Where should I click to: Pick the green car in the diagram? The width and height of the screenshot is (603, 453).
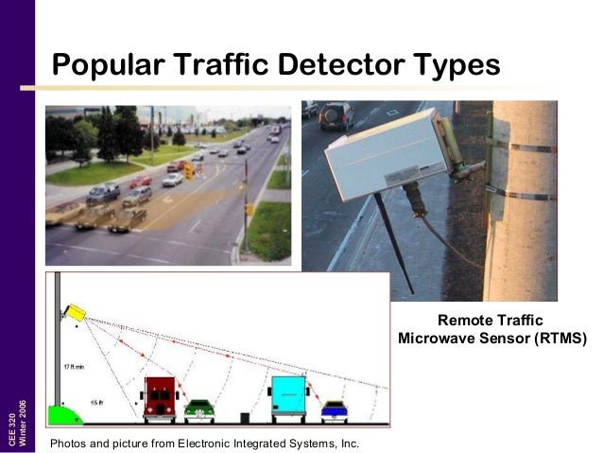point(198,409)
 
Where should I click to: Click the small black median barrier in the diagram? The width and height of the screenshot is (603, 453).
point(244,416)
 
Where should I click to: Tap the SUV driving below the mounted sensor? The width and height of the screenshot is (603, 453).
point(336,116)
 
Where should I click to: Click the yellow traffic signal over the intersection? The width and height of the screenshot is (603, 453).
point(188,171)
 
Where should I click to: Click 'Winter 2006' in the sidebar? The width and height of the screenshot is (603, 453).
point(25,421)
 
